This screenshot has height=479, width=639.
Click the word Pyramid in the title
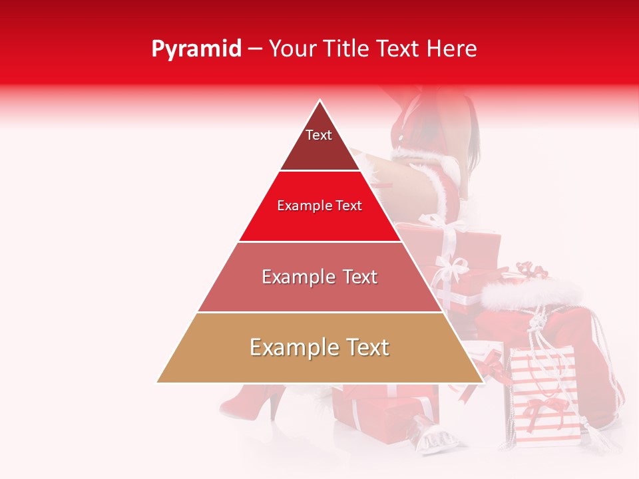(196, 49)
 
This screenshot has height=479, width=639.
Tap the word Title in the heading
(351, 49)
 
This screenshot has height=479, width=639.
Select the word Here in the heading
(453, 49)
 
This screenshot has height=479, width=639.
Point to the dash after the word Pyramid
(255, 49)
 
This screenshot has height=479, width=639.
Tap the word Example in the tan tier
(290, 347)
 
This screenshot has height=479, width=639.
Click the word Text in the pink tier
(360, 277)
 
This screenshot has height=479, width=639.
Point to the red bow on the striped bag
(536, 405)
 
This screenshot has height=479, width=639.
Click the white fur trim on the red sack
(532, 293)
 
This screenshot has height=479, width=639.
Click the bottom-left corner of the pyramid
(157, 383)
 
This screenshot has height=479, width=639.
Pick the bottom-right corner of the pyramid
(483, 383)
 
